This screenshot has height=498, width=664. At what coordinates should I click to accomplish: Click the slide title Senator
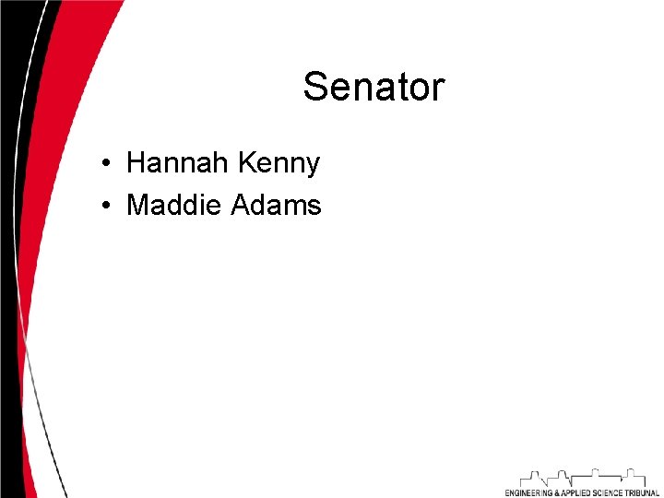(x=373, y=88)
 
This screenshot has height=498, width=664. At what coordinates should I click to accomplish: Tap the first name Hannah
(x=178, y=163)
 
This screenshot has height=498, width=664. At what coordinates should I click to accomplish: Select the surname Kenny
(x=279, y=163)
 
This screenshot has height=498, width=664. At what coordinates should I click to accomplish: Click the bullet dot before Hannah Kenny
(x=108, y=165)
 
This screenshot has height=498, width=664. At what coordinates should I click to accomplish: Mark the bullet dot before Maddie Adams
(x=108, y=206)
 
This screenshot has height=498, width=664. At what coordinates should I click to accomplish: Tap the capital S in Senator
(x=314, y=88)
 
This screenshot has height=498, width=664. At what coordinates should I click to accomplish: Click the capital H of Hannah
(x=136, y=163)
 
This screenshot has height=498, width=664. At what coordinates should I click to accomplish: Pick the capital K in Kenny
(x=245, y=163)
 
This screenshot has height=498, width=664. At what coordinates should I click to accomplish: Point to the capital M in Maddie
(x=137, y=204)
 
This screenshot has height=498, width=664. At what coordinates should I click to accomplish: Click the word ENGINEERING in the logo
(x=528, y=492)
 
